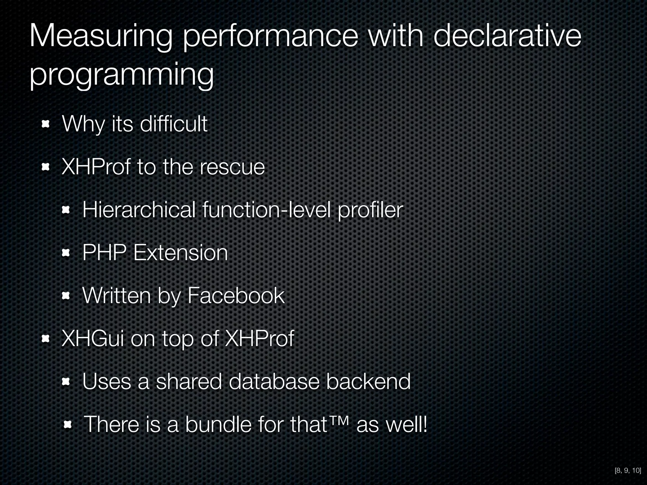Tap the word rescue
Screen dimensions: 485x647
click(232, 167)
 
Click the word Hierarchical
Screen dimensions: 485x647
click(139, 210)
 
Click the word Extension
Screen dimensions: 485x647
click(180, 253)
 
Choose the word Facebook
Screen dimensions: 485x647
click(236, 296)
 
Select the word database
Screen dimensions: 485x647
click(274, 381)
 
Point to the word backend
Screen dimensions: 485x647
click(368, 381)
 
